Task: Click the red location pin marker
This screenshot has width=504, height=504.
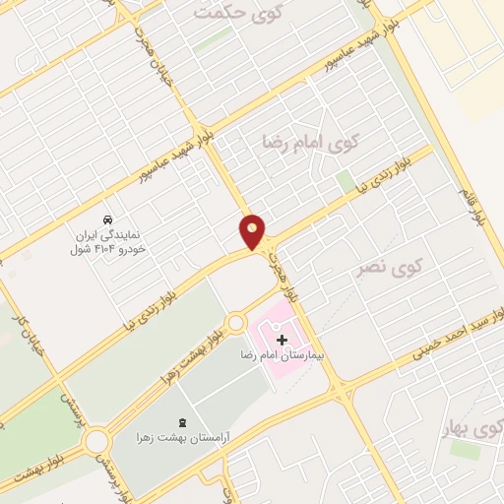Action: pyautogui.click(x=253, y=230)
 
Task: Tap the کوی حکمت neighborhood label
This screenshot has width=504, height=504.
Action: pyautogui.click(x=231, y=13)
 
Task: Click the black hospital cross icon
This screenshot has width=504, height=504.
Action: pyautogui.click(x=283, y=340)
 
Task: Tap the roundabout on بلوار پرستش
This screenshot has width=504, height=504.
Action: pyautogui.click(x=98, y=442)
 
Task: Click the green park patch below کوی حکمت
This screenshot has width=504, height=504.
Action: pyautogui.click(x=214, y=39)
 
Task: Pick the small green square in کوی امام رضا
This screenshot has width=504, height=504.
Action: pyautogui.click(x=345, y=181)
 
